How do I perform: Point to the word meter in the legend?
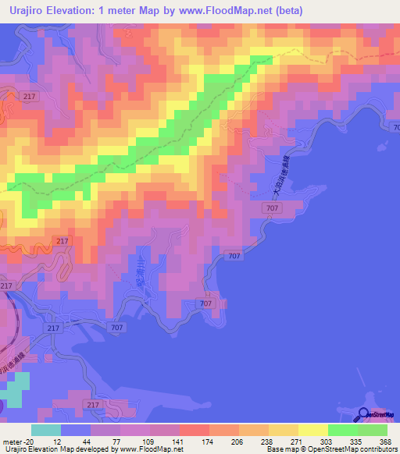click(x=12, y=441)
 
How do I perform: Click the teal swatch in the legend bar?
click(x=46, y=430)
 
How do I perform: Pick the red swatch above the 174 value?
click(x=194, y=430)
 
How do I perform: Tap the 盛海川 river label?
click(x=141, y=266)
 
